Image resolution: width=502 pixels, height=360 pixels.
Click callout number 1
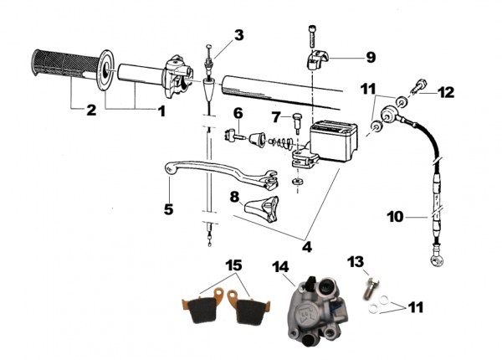click(161, 110)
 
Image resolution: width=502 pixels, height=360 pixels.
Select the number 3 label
click(239, 35)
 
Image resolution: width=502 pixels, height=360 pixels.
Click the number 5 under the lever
click(168, 208)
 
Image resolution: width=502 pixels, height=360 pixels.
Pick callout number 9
click(371, 58)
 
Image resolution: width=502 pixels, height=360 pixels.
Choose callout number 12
click(446, 92)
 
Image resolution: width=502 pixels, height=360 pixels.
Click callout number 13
click(356, 263)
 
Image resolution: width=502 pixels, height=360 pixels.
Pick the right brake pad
click(249, 311)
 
